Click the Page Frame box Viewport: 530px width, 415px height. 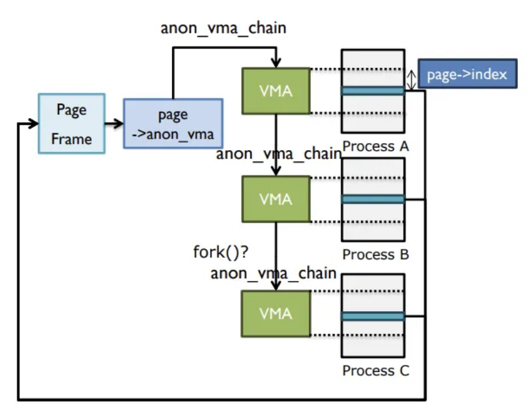point(71,124)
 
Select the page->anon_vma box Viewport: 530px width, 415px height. point(172,123)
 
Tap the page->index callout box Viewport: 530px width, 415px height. point(467,74)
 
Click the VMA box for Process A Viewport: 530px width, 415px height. point(276,90)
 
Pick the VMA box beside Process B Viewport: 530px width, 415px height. point(276,199)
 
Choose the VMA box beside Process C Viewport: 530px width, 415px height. point(276,314)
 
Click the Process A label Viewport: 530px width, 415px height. point(375,146)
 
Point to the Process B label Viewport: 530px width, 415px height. point(375,255)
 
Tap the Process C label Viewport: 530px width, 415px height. point(375,370)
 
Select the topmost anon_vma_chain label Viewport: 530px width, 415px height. point(224,28)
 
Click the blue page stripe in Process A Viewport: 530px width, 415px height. point(373,91)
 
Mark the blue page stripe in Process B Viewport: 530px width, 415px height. point(373,199)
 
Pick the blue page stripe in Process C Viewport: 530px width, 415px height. point(373,316)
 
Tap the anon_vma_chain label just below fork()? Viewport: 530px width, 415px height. point(273,273)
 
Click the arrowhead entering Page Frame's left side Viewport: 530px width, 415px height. point(33,123)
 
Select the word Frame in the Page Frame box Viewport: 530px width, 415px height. point(71,139)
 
